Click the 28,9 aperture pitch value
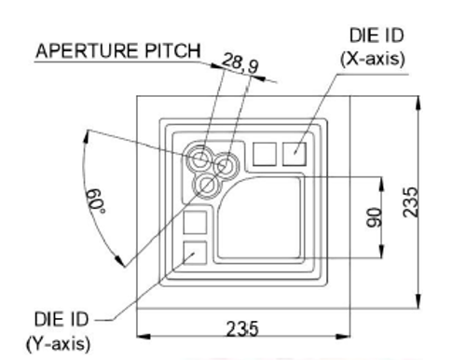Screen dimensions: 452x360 point(240,63)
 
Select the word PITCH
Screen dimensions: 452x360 point(172,50)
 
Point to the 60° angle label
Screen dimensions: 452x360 point(96,201)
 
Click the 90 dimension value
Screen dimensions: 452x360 point(375,217)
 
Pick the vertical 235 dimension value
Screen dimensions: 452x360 point(410,201)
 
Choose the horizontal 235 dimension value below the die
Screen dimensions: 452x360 point(242,329)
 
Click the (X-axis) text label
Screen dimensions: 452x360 point(373,59)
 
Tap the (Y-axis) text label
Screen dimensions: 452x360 point(59,344)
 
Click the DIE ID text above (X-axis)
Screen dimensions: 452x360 point(377,35)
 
